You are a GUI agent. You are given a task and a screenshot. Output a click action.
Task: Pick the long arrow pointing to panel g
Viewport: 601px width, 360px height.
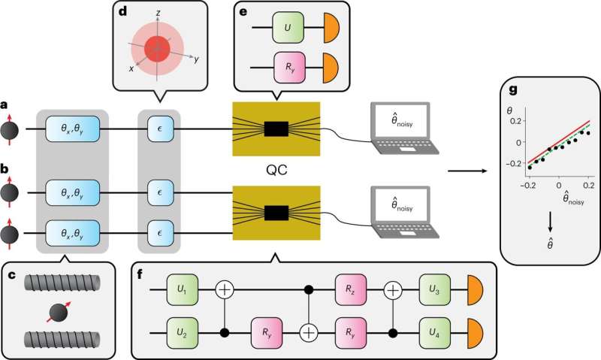[x=465, y=171]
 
